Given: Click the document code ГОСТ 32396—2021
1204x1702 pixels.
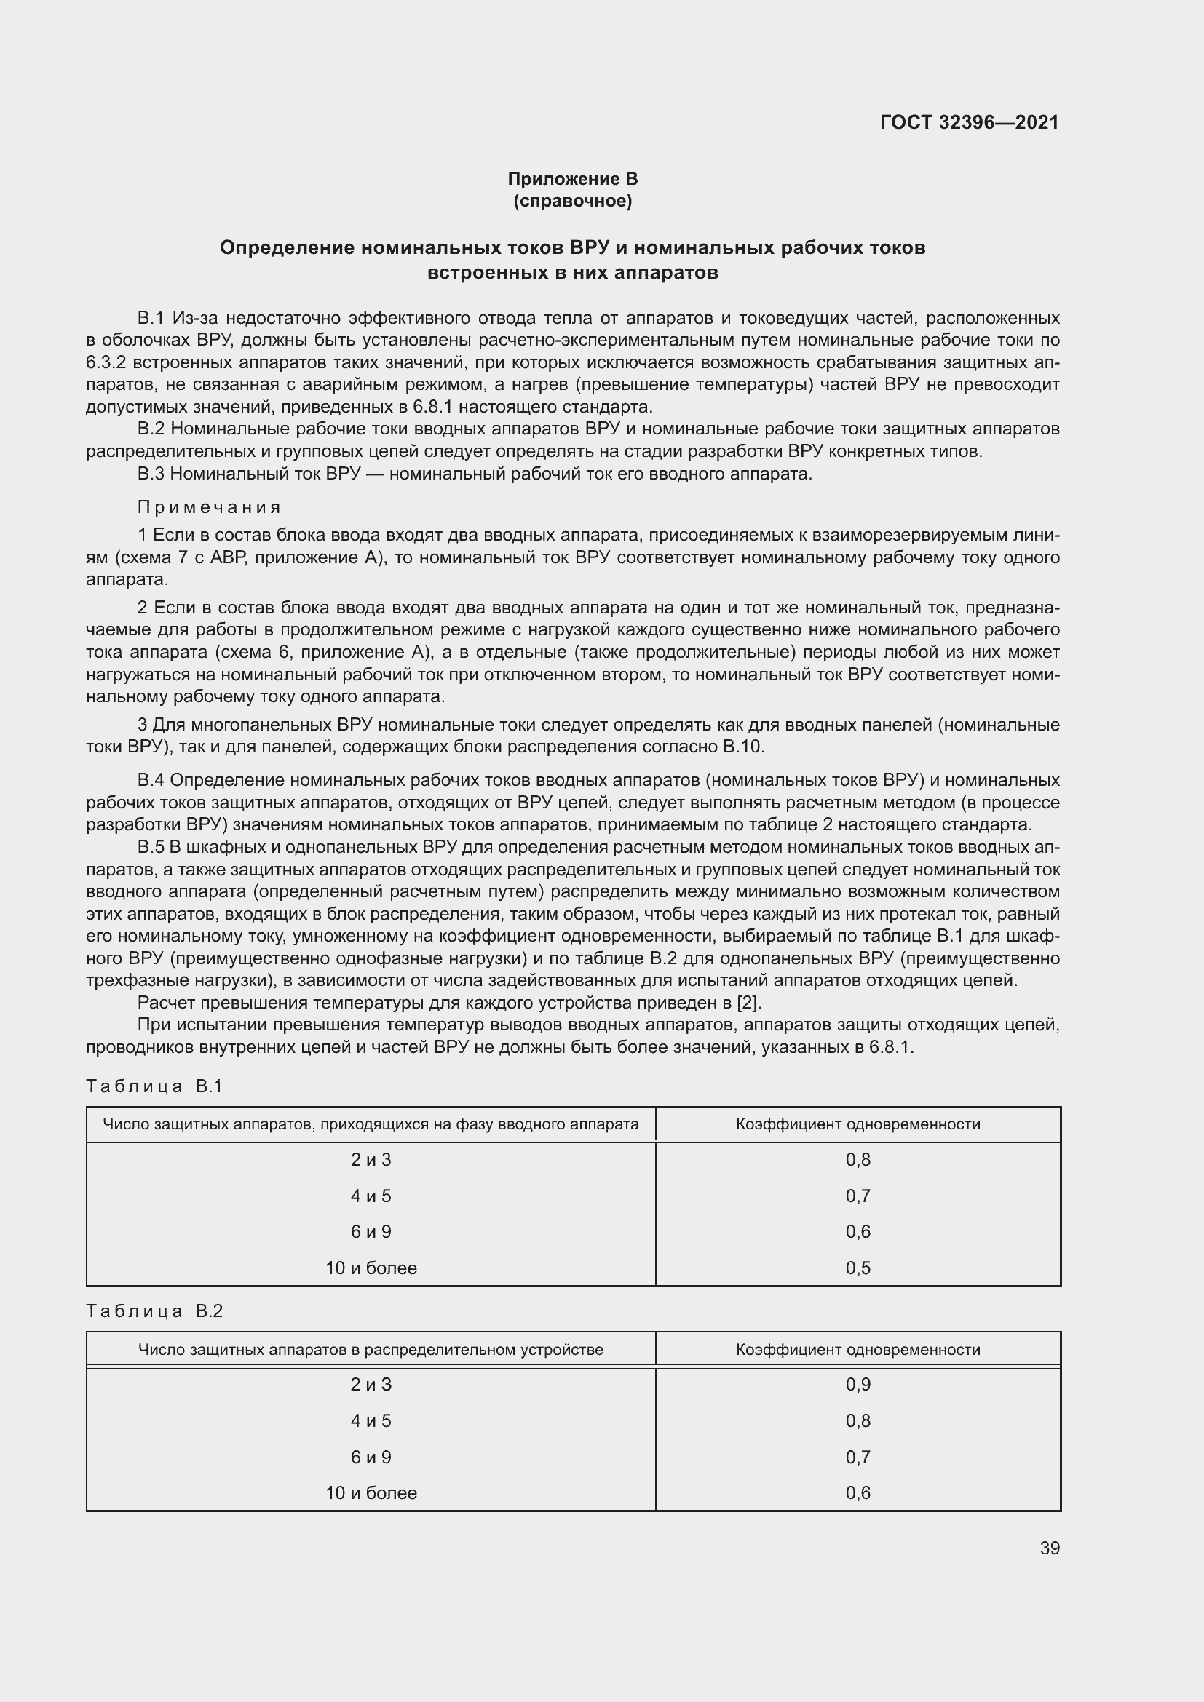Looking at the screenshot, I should tap(969, 122).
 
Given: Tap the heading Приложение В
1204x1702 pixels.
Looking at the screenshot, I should tap(572, 179).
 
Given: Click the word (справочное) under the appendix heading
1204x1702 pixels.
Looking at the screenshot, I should tap(572, 201).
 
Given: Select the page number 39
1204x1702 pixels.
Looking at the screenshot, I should tap(1049, 1548).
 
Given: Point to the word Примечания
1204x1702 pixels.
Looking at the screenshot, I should tap(209, 507).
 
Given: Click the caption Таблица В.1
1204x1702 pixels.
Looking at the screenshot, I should tap(154, 1086).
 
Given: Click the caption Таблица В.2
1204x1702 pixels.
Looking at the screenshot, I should tap(154, 1311).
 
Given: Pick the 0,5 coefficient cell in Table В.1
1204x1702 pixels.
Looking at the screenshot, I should tap(858, 1268).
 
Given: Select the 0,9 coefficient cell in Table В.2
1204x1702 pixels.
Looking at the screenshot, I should tap(858, 1385).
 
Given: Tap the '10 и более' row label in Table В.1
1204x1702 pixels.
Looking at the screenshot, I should tap(371, 1268).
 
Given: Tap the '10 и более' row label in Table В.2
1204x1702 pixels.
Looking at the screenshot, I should tap(371, 1493).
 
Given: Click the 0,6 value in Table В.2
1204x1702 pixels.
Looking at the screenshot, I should tap(858, 1493).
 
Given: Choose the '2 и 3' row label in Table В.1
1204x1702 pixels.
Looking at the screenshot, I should tap(371, 1159).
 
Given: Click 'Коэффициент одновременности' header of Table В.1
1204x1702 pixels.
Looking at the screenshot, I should tap(858, 1124).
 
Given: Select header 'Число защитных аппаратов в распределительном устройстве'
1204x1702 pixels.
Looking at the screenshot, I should tap(371, 1349).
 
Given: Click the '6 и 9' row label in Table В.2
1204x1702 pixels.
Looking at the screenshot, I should tap(371, 1457).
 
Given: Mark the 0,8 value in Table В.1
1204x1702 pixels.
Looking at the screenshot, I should tap(858, 1159).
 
